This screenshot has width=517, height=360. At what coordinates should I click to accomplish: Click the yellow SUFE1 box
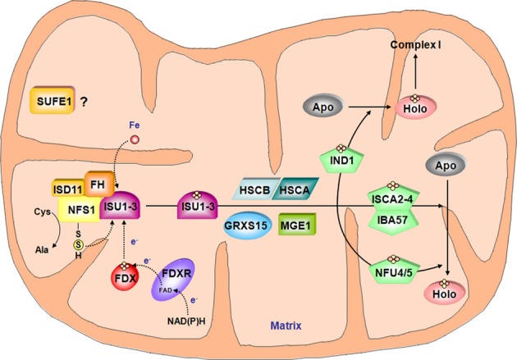pos(57,103)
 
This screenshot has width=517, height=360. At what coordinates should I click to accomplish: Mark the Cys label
pos(32,233)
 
